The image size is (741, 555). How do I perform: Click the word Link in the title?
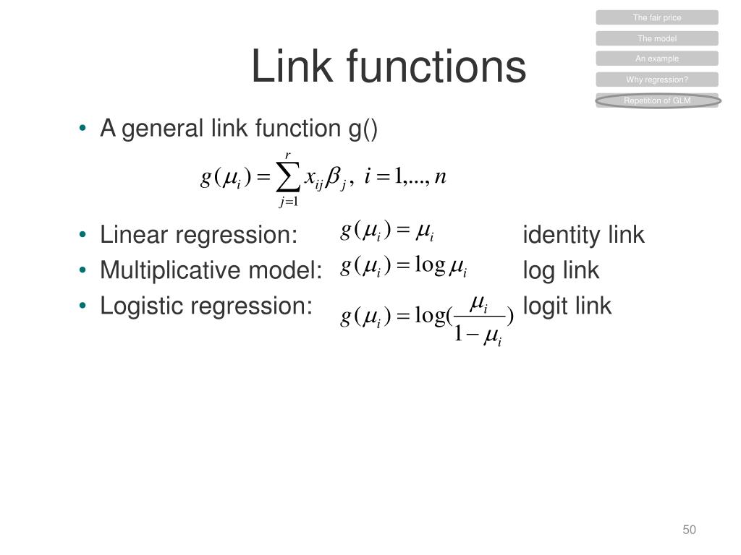(292, 66)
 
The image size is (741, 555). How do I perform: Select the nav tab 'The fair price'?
(657, 17)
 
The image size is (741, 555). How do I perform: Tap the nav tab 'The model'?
(657, 38)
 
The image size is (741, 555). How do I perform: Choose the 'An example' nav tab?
(657, 59)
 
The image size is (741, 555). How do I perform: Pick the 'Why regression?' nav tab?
(657, 79)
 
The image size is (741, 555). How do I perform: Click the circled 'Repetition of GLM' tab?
(657, 100)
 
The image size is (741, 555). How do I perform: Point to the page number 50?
(689, 530)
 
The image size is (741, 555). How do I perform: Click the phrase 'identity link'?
(583, 235)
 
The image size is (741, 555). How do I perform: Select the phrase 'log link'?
(561, 270)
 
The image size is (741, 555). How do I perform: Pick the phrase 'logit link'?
(567, 306)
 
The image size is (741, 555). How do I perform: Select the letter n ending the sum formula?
(440, 177)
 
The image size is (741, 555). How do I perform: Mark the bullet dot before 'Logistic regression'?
(84, 306)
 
